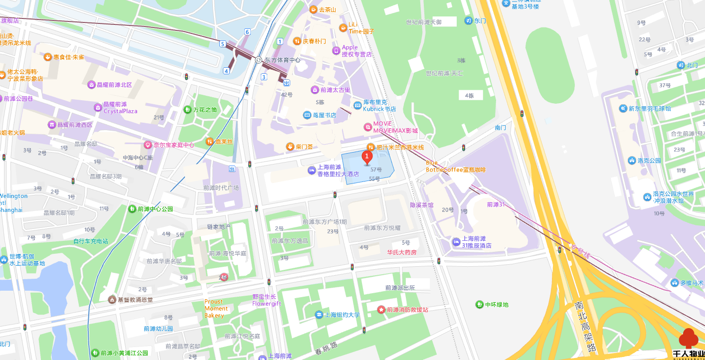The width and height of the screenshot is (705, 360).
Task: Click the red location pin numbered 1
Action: (367, 158)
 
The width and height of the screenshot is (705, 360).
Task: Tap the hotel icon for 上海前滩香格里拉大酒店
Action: (312, 171)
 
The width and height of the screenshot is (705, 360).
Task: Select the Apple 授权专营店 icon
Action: (336, 51)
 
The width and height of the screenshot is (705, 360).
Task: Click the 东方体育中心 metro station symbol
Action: (258, 60)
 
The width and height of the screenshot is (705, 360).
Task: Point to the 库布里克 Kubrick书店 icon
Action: (357, 105)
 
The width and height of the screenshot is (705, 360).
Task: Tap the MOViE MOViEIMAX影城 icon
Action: (368, 127)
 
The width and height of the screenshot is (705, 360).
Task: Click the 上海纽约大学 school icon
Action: (319, 315)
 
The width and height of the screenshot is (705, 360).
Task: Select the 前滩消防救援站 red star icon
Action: (381, 310)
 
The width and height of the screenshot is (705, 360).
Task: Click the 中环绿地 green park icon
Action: (479, 304)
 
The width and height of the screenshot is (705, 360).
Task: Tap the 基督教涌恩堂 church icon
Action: (112, 300)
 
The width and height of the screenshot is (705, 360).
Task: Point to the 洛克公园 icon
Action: (632, 161)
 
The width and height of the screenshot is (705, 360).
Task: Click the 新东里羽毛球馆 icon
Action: (623, 108)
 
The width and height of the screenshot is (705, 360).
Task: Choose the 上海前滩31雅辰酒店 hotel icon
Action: (456, 242)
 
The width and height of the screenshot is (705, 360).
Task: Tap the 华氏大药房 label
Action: (401, 252)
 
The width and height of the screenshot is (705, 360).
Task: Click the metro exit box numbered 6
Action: (247, 32)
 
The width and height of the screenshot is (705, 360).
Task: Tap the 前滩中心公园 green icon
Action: (132, 208)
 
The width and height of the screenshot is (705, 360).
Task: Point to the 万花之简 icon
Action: (187, 110)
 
